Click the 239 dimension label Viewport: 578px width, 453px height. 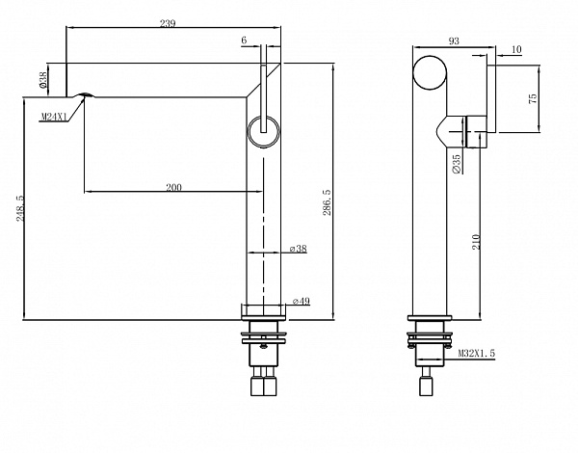tap(168, 23)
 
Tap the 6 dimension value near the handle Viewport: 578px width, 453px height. tap(244, 40)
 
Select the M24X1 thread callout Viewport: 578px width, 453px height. tap(53, 117)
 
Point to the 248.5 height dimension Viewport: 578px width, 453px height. tap(21, 208)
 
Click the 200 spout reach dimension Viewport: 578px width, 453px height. tap(173, 187)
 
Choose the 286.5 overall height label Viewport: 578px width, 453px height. tap(327, 202)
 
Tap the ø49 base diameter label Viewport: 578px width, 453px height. tap(302, 302)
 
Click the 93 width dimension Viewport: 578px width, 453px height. tap(454, 40)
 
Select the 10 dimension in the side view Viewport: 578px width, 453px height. tap(517, 49)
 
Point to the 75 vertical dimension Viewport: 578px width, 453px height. tap(533, 98)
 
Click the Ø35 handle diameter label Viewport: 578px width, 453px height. tap(457, 164)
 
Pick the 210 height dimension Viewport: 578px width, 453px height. tap(476, 242)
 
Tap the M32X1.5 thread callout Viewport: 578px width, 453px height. tap(477, 353)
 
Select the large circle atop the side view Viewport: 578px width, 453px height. tap(431, 72)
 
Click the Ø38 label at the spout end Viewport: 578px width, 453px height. tap(43, 80)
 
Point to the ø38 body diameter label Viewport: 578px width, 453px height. tap(299, 249)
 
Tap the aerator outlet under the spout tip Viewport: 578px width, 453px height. tap(85, 95)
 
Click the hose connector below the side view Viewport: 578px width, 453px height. tap(426, 386)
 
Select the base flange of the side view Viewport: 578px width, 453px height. tap(430, 318)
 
